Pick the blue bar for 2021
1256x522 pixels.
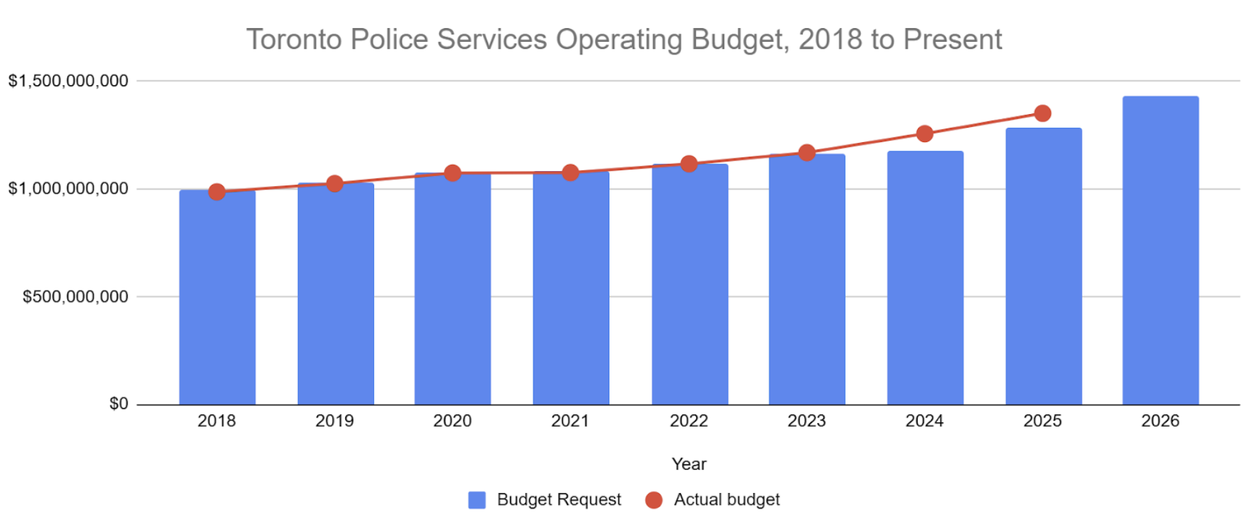point(570,288)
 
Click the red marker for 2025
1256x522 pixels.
point(1042,113)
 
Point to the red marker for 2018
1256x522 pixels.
point(217,192)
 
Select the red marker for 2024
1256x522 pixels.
point(924,134)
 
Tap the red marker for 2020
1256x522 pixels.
point(452,173)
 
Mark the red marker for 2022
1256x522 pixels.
point(689,164)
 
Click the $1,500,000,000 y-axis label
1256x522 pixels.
point(68,81)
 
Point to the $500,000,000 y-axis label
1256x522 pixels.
point(75,297)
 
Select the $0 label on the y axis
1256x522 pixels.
point(119,404)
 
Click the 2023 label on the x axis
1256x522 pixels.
point(806,421)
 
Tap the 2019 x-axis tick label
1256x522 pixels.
point(334,421)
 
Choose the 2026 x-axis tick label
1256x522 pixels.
point(1160,421)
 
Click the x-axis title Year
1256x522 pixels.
point(689,464)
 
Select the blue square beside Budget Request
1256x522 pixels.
point(477,500)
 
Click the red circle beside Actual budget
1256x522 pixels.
point(654,500)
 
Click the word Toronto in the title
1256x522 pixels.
point(294,40)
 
